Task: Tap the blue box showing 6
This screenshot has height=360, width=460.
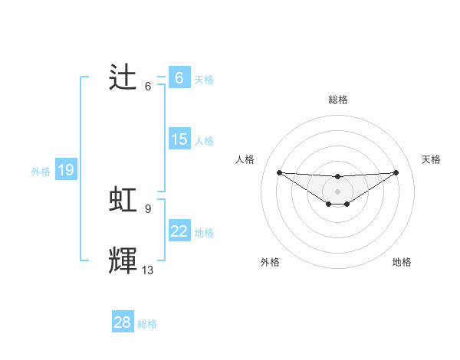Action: (x=179, y=77)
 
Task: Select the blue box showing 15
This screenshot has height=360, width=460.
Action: (x=179, y=139)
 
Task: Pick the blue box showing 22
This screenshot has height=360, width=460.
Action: (x=179, y=231)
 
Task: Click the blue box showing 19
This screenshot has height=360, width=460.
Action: (x=66, y=171)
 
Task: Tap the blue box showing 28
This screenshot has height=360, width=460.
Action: (x=123, y=322)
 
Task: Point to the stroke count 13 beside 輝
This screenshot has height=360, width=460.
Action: (x=148, y=270)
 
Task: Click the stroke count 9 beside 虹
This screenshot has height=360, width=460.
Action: (x=147, y=208)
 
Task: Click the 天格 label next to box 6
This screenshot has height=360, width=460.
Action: (x=204, y=79)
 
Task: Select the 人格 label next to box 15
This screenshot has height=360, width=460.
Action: (x=204, y=141)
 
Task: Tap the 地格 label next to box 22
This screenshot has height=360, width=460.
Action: (x=204, y=232)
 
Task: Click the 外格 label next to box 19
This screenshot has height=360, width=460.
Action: (x=41, y=172)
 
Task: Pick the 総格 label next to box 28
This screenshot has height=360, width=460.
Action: (x=147, y=324)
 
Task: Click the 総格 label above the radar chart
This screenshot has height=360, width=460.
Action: (x=337, y=100)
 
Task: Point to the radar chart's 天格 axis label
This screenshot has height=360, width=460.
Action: (x=431, y=159)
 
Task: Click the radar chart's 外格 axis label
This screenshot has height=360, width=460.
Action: (x=270, y=262)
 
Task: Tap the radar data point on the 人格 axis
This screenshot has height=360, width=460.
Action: (x=279, y=172)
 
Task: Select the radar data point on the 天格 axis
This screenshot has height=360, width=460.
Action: (x=396, y=172)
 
